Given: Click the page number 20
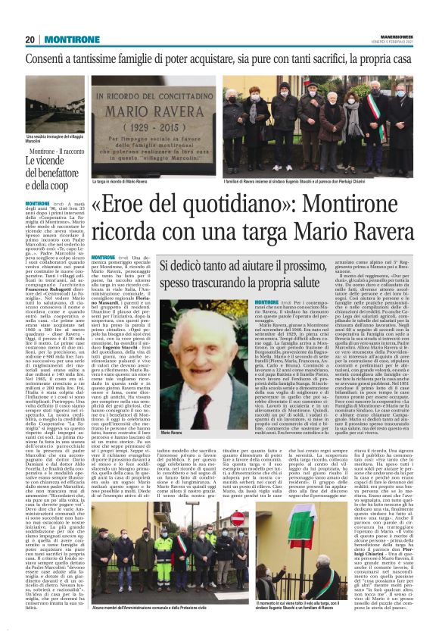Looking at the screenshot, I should pos(31,39).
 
